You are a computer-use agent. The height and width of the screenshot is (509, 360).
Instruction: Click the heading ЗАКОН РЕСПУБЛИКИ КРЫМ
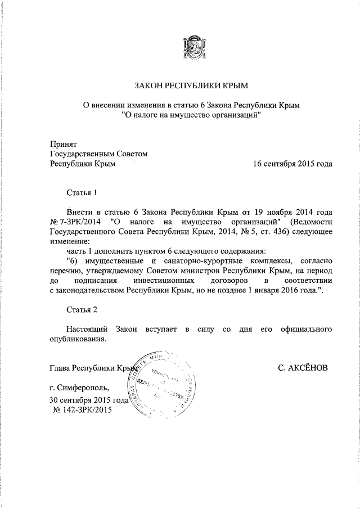pos(191,85)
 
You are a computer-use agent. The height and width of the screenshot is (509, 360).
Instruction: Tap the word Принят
pos(63,144)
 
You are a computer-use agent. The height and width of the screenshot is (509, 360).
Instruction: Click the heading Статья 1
pos(82,192)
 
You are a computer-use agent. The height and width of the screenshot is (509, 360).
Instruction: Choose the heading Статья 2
pos(82,309)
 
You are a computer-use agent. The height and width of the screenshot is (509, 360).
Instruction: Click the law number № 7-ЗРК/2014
pos(76,222)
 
